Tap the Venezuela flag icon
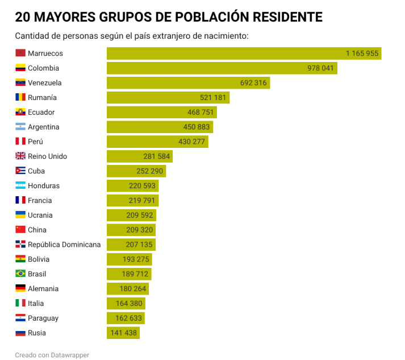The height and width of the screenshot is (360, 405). pyautogui.click(x=20, y=82)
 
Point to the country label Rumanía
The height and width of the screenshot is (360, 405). pyautogui.click(x=42, y=97)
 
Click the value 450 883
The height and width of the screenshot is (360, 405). pyautogui.click(x=197, y=127)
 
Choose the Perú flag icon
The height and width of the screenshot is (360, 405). pyautogui.click(x=20, y=142)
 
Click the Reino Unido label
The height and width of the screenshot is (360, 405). pyautogui.click(x=47, y=156)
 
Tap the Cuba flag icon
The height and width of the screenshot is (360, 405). pyautogui.click(x=20, y=171)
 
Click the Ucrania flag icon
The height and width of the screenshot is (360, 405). pyautogui.click(x=20, y=215)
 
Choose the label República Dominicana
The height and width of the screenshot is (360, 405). pyautogui.click(x=64, y=245)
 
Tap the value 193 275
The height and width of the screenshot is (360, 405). pyautogui.click(x=136, y=259)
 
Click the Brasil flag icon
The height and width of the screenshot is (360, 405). pyautogui.click(x=20, y=274)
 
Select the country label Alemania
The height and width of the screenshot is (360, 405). pyautogui.click(x=43, y=288)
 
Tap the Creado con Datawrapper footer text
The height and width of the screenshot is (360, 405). pyautogui.click(x=52, y=354)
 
